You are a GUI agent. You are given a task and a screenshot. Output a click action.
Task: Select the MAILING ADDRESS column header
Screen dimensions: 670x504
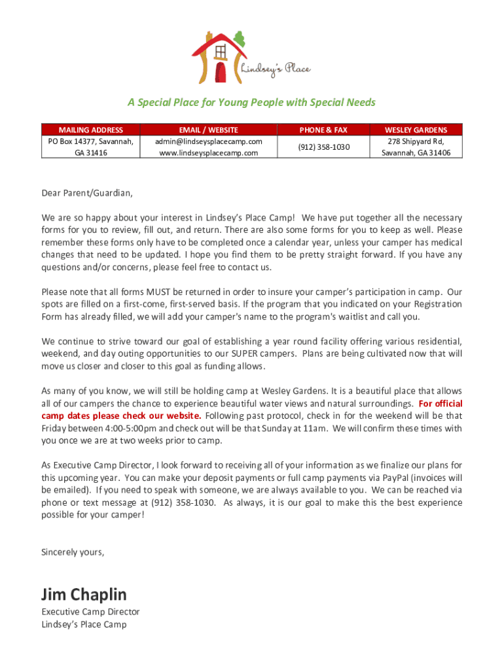point(90,130)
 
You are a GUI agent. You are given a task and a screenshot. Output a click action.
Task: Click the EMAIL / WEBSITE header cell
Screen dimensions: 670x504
point(209,130)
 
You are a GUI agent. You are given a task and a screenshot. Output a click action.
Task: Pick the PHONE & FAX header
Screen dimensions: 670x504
point(323,130)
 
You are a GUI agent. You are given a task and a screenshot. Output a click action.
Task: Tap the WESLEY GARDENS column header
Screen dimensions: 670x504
point(416,130)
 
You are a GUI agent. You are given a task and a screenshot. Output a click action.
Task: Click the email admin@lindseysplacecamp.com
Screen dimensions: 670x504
point(209,141)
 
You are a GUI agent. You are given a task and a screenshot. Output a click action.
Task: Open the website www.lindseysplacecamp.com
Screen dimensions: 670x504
point(209,152)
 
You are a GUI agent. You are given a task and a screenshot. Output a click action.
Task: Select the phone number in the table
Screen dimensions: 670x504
point(323,147)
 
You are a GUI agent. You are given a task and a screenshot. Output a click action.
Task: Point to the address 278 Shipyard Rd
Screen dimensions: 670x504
point(416,141)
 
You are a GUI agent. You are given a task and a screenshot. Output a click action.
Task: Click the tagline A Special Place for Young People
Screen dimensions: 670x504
point(251,103)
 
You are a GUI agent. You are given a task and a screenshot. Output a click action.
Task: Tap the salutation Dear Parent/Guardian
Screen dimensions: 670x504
point(86,193)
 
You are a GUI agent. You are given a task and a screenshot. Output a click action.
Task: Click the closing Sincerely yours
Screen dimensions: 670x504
point(73,552)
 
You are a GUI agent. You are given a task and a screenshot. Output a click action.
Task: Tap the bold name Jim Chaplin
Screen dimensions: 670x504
point(84,594)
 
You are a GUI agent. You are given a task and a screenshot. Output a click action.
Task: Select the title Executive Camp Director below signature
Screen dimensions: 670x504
point(90,612)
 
